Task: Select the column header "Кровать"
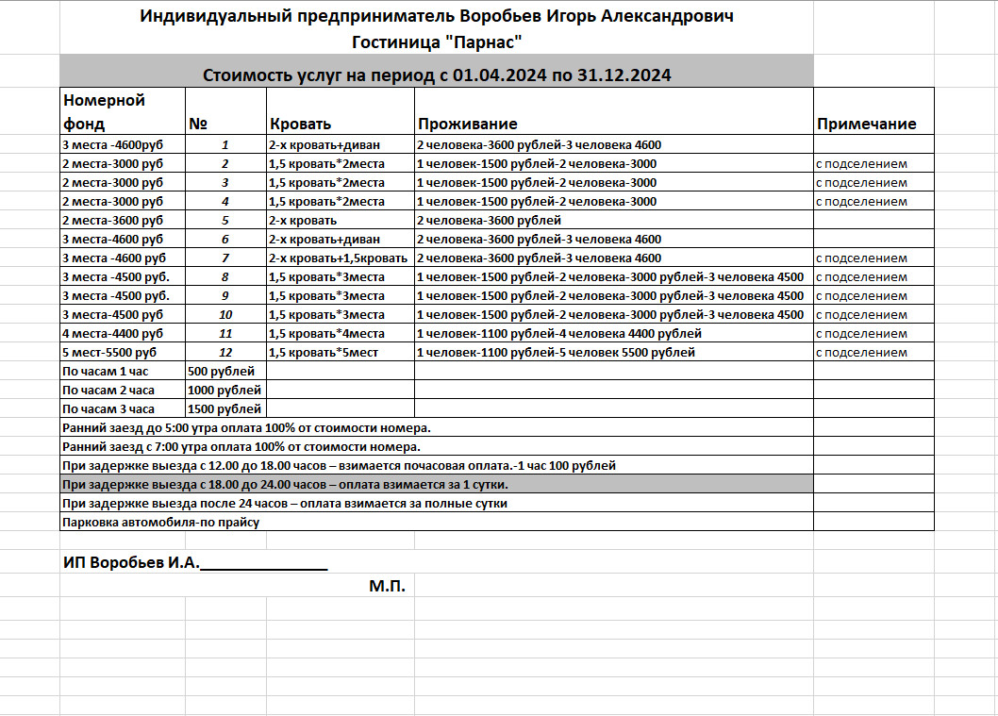(301, 125)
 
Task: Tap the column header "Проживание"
(467, 125)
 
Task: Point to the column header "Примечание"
(866, 125)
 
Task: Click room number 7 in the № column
(225, 258)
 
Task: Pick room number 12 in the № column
(225, 353)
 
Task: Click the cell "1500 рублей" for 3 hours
(225, 409)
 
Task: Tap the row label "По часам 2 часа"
(108, 391)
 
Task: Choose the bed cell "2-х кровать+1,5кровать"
(338, 258)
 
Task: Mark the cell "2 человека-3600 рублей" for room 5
(489, 221)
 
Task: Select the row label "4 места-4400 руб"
(111, 334)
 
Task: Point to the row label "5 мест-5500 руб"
(109, 353)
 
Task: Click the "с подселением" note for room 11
(861, 334)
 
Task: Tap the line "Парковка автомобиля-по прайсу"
(159, 522)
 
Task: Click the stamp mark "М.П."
(387, 587)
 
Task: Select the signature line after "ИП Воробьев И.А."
(264, 564)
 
